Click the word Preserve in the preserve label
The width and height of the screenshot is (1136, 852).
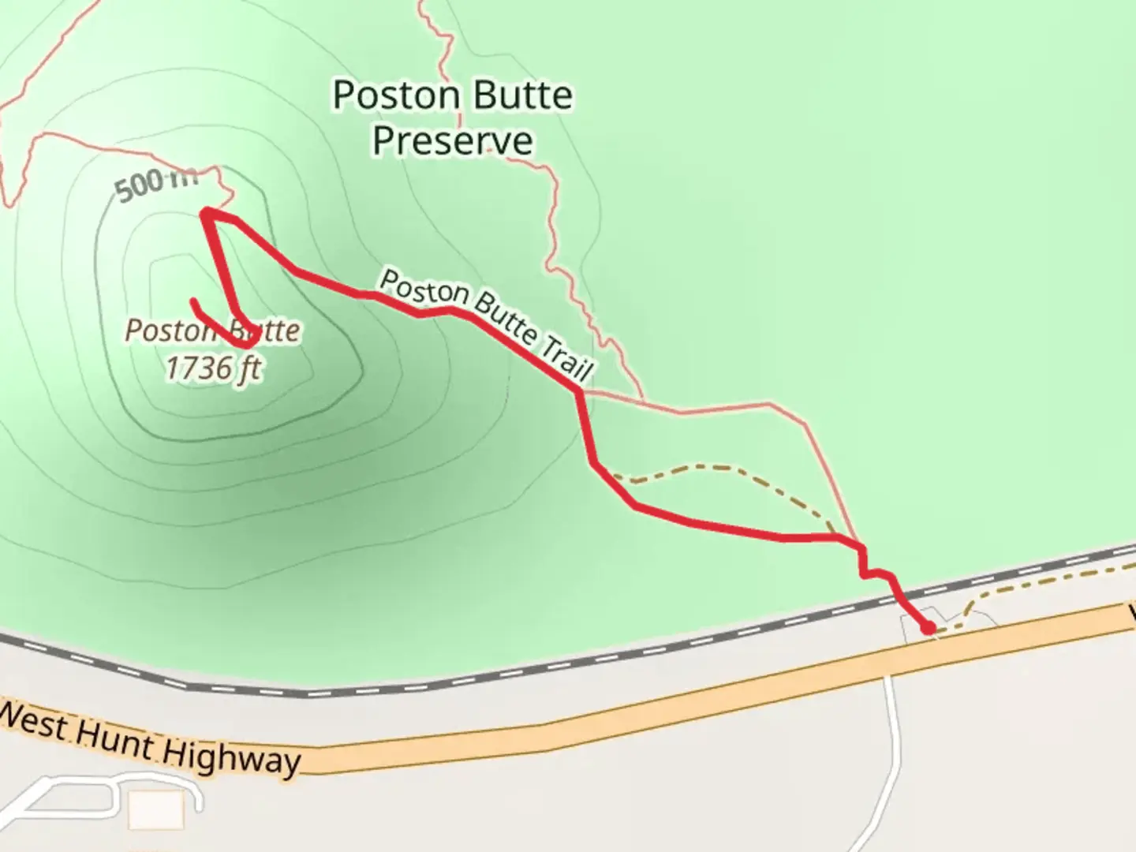(x=452, y=140)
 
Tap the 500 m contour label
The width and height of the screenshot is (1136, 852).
(x=155, y=186)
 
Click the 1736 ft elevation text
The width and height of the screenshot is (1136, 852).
(x=213, y=368)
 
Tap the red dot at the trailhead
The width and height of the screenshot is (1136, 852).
(x=929, y=628)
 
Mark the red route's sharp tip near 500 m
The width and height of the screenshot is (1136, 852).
(x=205, y=212)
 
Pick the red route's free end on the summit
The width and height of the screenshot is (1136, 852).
(x=193, y=301)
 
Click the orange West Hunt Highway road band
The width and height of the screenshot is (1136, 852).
(x=631, y=710)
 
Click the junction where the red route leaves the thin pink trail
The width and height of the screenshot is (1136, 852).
(x=581, y=390)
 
